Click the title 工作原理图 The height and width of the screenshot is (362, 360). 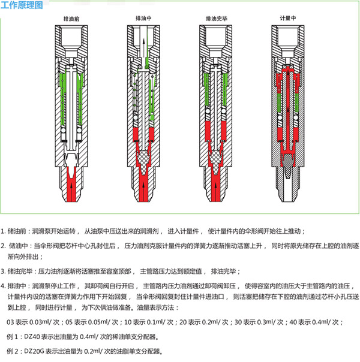click(x=22, y=5)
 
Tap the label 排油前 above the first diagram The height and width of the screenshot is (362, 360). click(x=71, y=19)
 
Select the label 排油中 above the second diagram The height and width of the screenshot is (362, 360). click(x=143, y=18)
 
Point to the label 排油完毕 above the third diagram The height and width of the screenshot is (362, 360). click(x=217, y=19)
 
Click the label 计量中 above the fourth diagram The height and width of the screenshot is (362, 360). click(x=287, y=18)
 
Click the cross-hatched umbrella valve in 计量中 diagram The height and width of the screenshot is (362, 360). click(x=287, y=165)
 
